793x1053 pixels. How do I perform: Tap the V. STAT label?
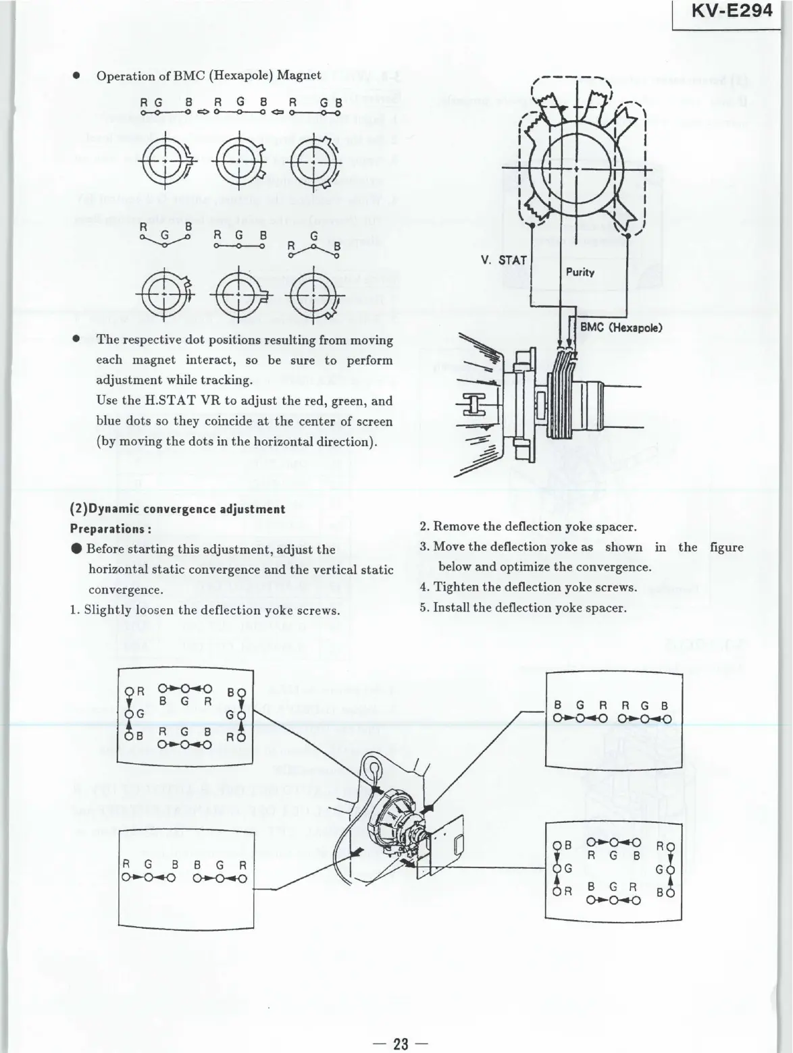point(504,259)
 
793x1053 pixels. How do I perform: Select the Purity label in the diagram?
point(580,272)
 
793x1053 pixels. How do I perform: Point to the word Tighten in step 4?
point(456,587)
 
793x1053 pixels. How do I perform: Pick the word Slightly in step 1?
point(106,610)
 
